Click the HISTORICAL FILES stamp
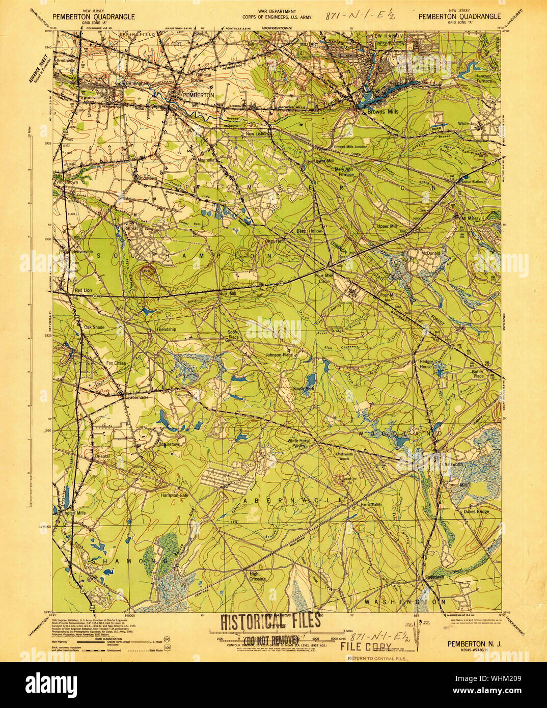tap(270, 621)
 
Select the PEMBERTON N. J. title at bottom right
tap(474, 644)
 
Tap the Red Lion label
tap(83, 290)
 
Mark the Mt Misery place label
tap(471, 219)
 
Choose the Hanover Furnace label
tap(483, 78)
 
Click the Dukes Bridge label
tap(476, 511)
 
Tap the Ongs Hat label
tap(273, 241)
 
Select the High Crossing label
tap(257, 576)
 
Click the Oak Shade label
tap(94, 328)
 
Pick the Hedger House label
tap(426, 364)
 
